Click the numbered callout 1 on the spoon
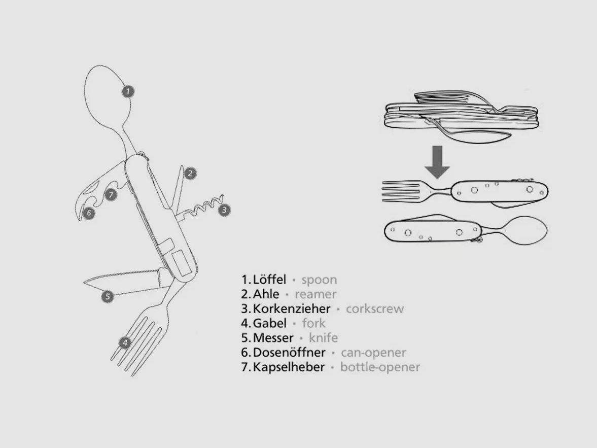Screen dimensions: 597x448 128,91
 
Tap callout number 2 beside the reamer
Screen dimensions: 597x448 190,174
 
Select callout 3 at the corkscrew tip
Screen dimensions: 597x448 224,210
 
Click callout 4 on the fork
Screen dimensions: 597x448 125,342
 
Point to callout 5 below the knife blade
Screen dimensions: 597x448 108,296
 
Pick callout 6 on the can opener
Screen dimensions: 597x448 89,213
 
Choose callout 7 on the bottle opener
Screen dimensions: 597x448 111,195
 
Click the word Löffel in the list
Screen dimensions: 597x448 269,279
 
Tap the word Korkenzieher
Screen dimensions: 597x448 291,308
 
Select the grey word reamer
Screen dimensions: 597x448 315,294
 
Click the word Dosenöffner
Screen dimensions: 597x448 289,353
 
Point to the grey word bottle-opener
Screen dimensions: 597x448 380,367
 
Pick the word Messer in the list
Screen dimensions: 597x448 273,338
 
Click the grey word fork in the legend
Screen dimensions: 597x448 314,323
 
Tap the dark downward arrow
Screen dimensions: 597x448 437,162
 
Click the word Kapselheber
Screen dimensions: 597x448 289,367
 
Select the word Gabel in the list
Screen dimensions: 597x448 269,323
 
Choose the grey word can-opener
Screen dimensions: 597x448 373,353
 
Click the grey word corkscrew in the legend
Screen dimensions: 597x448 375,308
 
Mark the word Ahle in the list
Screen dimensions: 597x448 266,294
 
